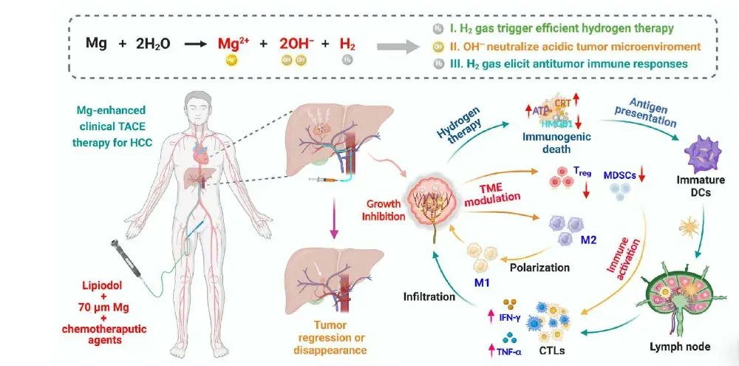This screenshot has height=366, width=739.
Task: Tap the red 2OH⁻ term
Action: pyautogui.click(x=299, y=44)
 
